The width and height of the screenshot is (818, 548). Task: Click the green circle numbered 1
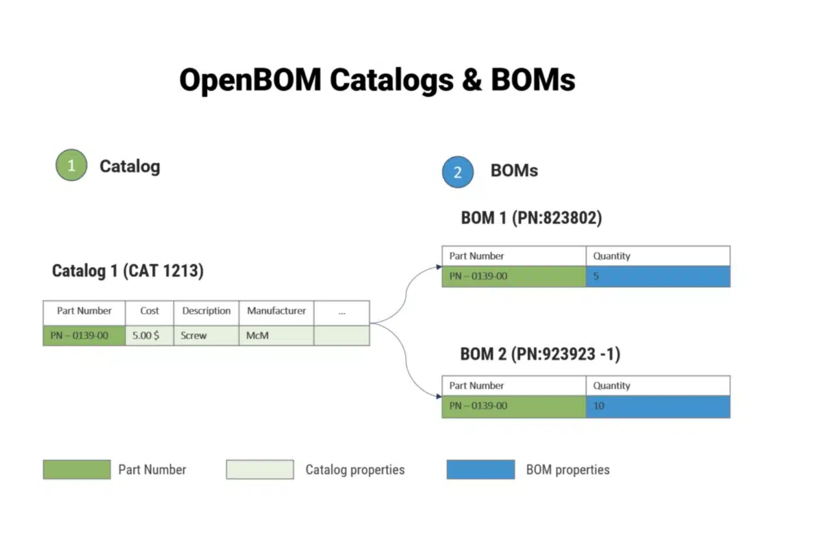pos(71,165)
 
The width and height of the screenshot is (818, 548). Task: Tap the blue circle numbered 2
pos(458,172)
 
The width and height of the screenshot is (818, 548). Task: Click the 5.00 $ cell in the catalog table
pos(149,335)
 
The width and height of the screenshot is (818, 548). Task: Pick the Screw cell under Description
pos(206,335)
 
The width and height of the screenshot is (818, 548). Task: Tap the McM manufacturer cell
pos(277,335)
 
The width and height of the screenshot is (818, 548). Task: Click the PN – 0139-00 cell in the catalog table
pos(84,335)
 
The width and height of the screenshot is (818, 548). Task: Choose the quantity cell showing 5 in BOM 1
pos(658,277)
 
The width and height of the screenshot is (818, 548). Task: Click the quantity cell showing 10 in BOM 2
pos(658,406)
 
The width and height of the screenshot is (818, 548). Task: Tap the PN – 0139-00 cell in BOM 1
pos(514,277)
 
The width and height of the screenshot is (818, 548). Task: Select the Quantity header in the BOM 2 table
pos(658,385)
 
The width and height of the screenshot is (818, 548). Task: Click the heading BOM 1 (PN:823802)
pos(532,218)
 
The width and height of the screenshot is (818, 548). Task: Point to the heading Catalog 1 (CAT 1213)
pos(128,271)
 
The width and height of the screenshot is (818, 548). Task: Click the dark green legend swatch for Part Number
pos(76,469)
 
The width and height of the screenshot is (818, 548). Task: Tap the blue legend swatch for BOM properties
pos(481,469)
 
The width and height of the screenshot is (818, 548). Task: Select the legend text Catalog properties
pos(355,470)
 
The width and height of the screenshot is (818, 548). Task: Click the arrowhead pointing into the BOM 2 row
pos(439,397)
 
